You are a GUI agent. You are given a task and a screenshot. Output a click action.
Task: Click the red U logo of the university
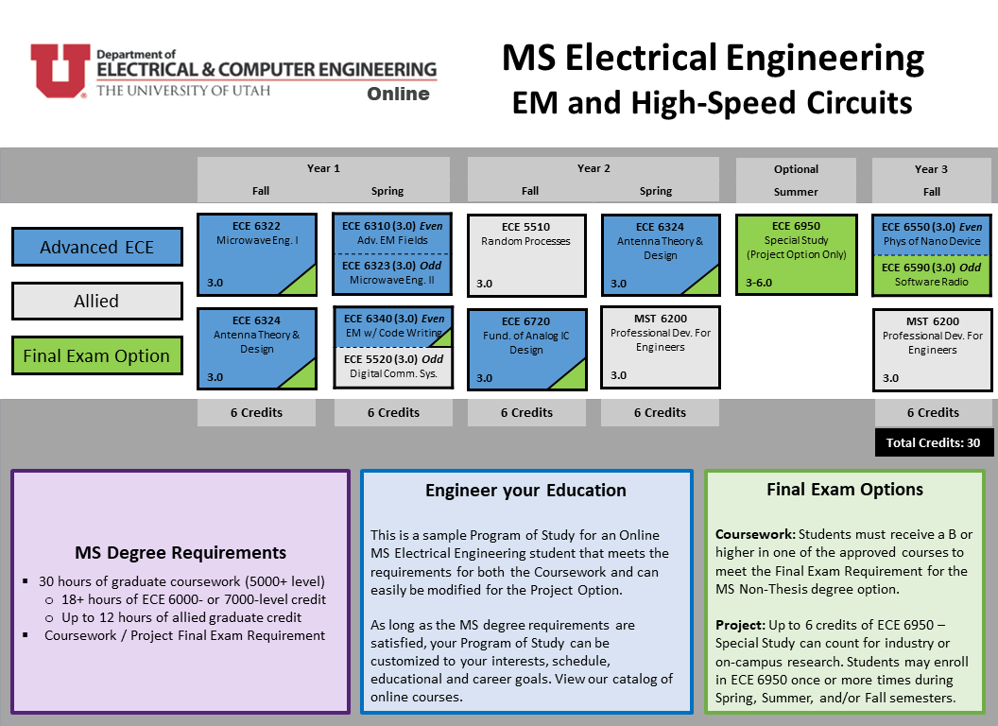(60, 70)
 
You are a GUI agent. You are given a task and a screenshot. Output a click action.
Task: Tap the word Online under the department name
(398, 94)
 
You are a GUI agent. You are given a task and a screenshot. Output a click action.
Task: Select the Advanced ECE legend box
(96, 247)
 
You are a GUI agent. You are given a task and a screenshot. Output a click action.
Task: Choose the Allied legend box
(96, 301)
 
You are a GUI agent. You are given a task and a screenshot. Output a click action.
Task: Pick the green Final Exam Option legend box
(96, 355)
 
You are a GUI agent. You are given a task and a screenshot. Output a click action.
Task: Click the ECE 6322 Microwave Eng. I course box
(256, 254)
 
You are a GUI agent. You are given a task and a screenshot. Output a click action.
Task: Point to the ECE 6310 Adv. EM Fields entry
(392, 233)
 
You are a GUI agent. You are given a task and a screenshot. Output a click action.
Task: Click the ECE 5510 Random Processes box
(526, 255)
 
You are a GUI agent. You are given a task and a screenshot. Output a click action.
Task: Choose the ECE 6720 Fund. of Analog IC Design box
(526, 350)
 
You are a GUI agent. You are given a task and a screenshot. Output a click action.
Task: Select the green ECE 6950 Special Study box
(797, 254)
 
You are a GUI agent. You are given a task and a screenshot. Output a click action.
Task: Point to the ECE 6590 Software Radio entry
(931, 275)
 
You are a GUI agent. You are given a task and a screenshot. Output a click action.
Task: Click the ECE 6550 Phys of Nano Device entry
(931, 234)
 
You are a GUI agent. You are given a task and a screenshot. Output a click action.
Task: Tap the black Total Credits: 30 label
(934, 442)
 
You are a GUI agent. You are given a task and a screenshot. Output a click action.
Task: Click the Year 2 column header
(594, 168)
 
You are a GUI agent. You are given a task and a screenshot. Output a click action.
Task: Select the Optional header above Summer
(797, 169)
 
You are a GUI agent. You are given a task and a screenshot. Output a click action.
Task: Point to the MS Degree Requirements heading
(181, 553)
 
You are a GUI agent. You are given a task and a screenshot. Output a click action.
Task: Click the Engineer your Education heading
(525, 491)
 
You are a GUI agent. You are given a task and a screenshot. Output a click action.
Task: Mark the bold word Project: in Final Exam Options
(740, 626)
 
